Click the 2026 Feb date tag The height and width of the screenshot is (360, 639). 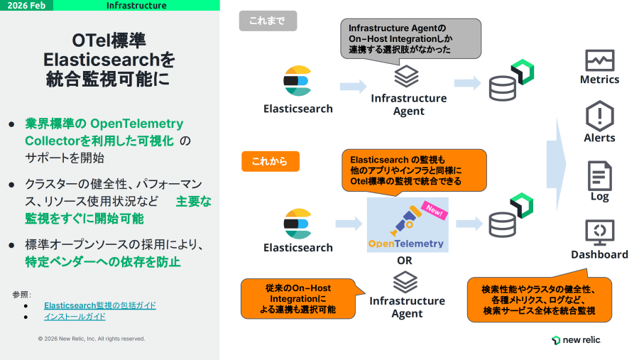pyautogui.click(x=30, y=6)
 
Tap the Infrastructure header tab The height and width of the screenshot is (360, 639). pyautogui.click(x=136, y=6)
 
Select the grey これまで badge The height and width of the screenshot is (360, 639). pyautogui.click(x=267, y=21)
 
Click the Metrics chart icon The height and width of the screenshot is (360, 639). pyautogui.click(x=599, y=60)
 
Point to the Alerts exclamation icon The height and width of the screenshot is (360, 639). pyautogui.click(x=599, y=115)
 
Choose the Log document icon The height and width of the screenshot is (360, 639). pyautogui.click(x=599, y=175)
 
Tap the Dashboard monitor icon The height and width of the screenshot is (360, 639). pyautogui.click(x=599, y=232)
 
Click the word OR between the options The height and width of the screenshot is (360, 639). pyautogui.click(x=405, y=261)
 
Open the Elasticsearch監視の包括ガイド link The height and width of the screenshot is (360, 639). pyautogui.click(x=100, y=305)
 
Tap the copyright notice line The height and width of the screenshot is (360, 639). pyautogui.click(x=92, y=339)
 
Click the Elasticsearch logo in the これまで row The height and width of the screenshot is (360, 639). pyautogui.click(x=297, y=81)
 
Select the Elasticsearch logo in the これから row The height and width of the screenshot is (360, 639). pyautogui.click(x=297, y=223)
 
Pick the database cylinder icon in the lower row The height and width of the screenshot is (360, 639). pyautogui.click(x=503, y=224)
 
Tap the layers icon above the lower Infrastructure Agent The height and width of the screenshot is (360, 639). pyautogui.click(x=406, y=282)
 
